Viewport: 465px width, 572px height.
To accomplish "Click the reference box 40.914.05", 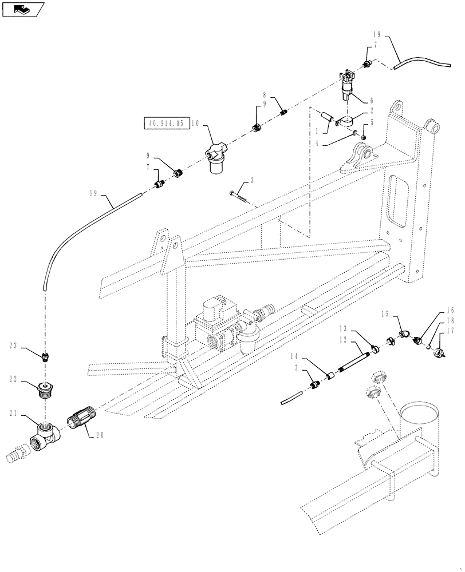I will [x=165, y=122].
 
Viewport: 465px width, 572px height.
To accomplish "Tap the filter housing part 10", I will [x=216, y=161].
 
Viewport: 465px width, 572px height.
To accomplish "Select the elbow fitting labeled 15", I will [x=404, y=334].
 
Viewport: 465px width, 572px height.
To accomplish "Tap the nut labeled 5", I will [x=364, y=136].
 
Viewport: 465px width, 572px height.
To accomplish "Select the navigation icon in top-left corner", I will [x=21, y=9].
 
